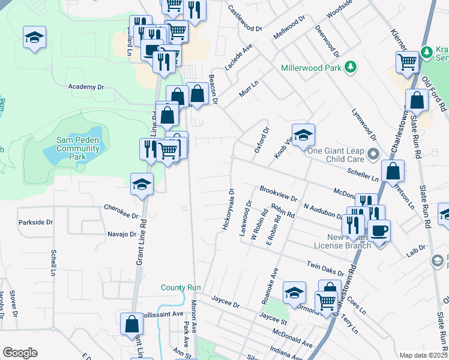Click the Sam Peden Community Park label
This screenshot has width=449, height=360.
click(77, 148)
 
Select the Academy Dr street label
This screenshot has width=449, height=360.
click(86, 87)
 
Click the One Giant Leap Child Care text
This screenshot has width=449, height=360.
click(336, 155)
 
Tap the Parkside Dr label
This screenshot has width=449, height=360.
click(36, 222)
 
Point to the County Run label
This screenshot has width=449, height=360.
click(179, 287)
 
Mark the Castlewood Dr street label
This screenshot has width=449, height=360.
click(244, 19)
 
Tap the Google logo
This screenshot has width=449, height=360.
click(20, 353)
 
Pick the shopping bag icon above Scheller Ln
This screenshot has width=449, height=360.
click(392, 172)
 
